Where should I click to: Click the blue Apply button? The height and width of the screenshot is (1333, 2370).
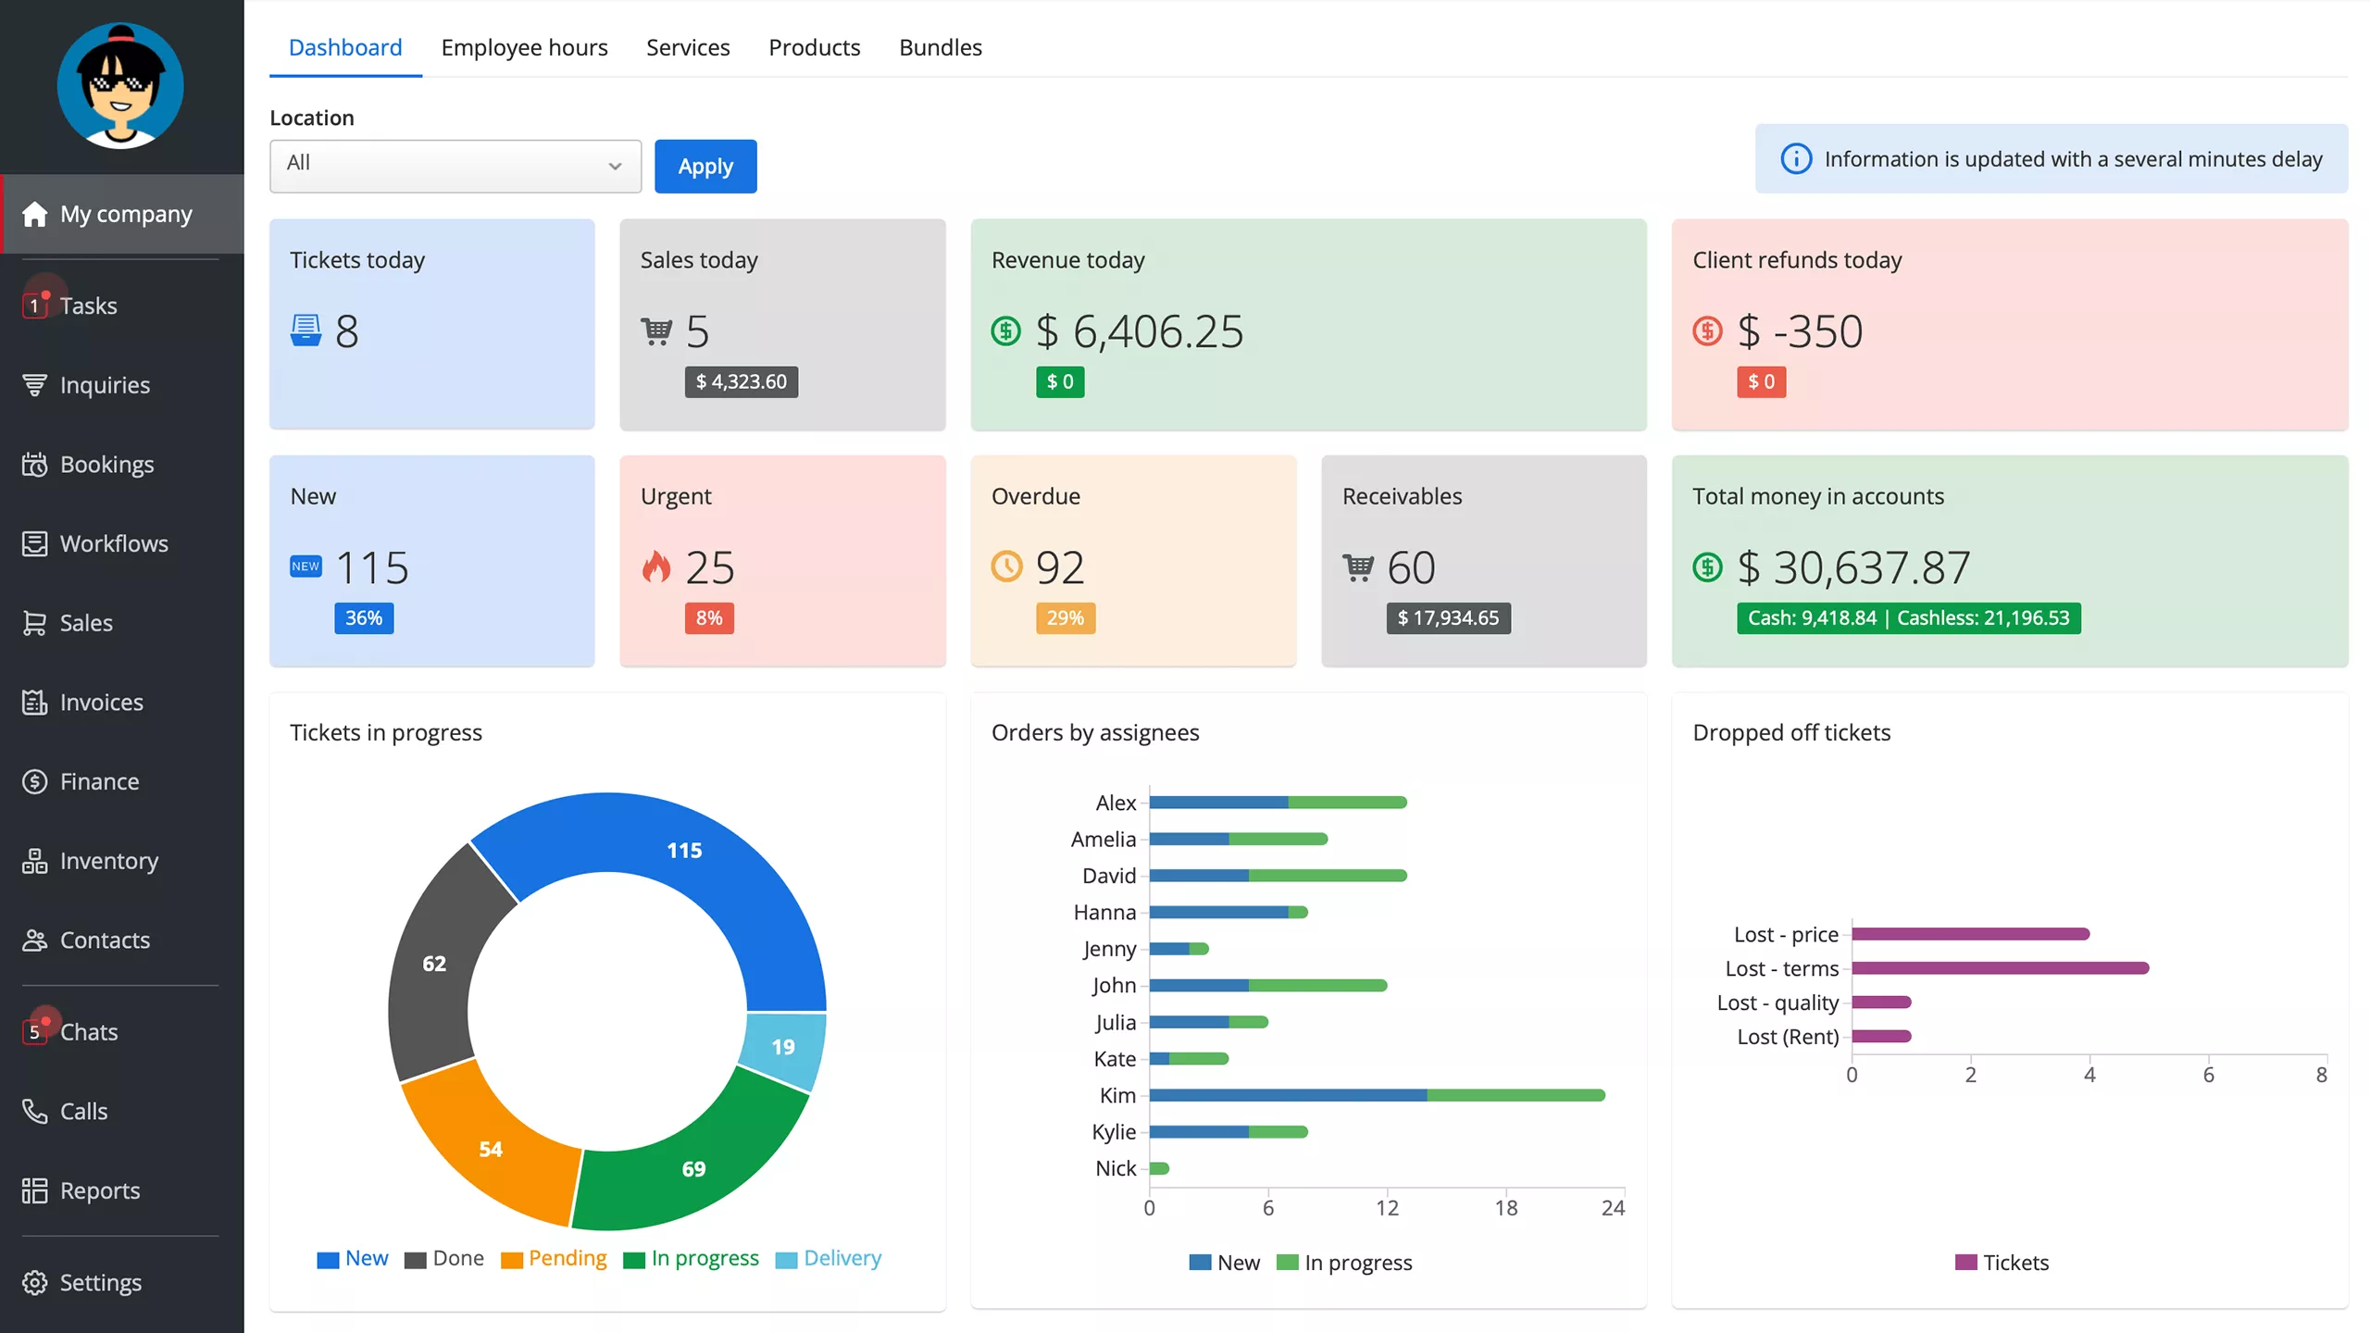pos(705,167)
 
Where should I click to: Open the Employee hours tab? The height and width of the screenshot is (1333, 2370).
pos(524,47)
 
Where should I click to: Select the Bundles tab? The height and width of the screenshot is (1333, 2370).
pos(940,47)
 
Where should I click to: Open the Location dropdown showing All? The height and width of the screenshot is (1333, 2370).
pos(455,166)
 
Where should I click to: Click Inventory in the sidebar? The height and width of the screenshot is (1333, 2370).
pos(108,861)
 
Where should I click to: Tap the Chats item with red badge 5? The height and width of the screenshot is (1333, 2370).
pos(88,1031)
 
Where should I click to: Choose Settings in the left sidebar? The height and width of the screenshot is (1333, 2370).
pos(100,1282)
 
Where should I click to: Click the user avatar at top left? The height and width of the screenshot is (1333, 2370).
pos(120,86)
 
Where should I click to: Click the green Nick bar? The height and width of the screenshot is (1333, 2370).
pos(1159,1168)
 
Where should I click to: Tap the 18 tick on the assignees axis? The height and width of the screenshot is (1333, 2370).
pos(1505,1207)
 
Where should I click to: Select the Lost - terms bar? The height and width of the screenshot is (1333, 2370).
pos(2000,968)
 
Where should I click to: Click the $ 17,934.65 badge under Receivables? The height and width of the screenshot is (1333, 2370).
pos(1447,618)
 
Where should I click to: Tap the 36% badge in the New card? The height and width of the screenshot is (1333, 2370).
pos(363,618)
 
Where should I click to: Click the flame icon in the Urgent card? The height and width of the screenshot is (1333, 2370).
pos(656,567)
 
